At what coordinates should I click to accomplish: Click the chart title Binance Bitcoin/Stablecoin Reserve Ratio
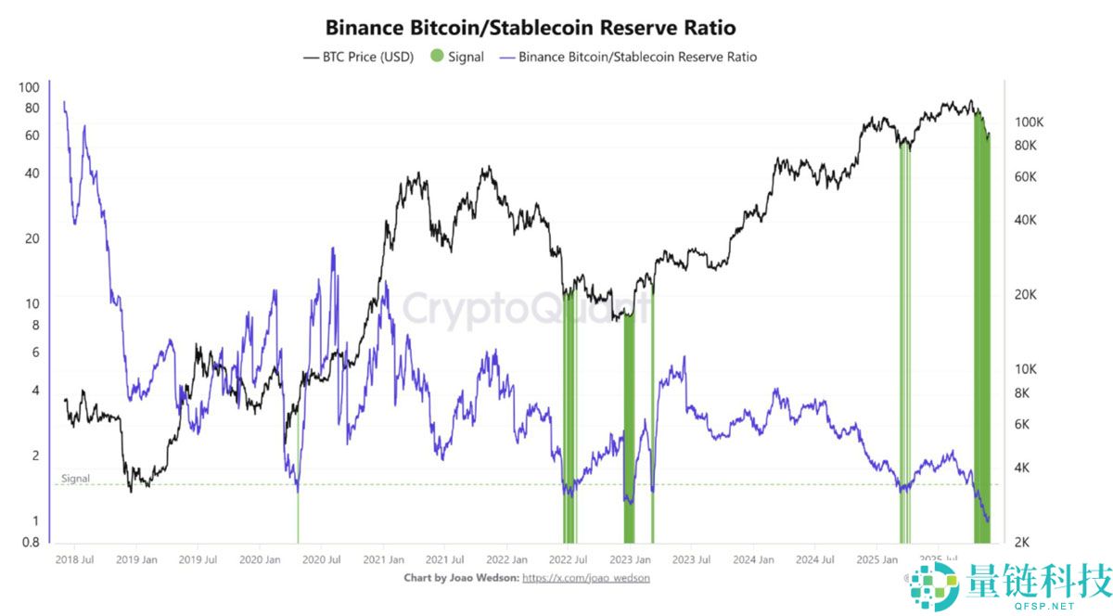click(531, 28)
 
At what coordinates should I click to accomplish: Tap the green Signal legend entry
click(457, 57)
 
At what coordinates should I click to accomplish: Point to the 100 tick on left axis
click(29, 87)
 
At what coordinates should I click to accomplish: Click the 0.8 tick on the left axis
click(30, 543)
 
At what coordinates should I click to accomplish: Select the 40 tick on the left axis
click(32, 173)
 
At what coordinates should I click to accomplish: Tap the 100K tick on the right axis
click(1030, 122)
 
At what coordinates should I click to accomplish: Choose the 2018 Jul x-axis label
click(74, 559)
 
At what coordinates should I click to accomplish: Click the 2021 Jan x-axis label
click(383, 559)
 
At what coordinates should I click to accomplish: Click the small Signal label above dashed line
click(75, 479)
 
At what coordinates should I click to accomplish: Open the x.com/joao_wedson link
click(586, 577)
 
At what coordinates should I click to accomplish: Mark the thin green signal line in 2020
click(298, 515)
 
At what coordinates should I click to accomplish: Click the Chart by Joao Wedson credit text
click(461, 577)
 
